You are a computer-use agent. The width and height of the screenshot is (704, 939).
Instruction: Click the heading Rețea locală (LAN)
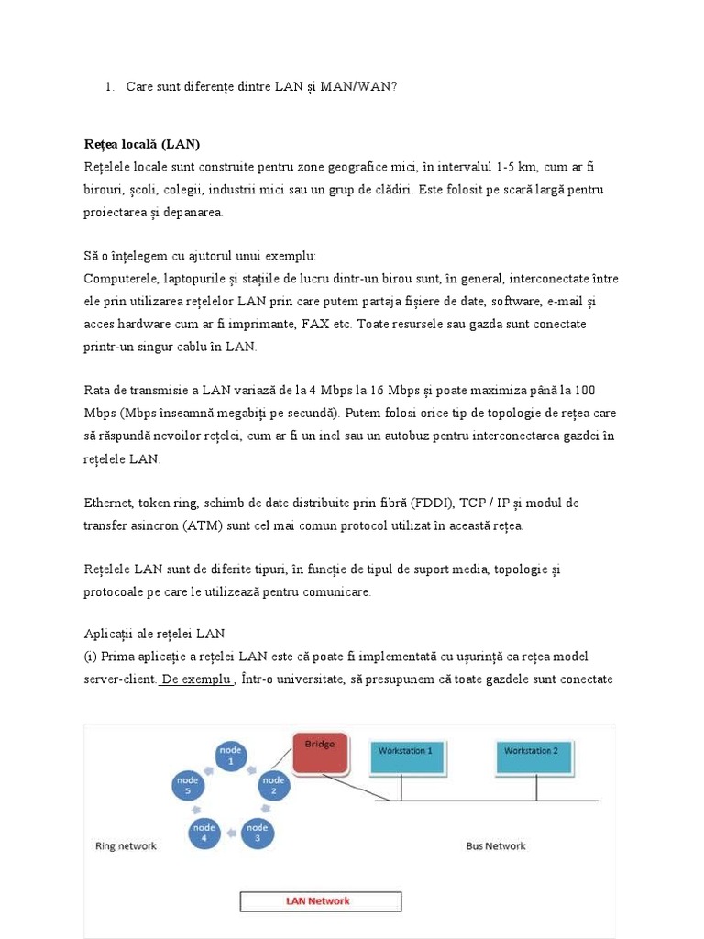pos(142,145)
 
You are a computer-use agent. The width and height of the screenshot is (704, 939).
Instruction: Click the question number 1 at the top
pos(108,86)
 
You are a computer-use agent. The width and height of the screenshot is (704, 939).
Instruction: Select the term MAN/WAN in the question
pos(361,86)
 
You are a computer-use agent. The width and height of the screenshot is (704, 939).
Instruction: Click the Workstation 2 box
pos(537,757)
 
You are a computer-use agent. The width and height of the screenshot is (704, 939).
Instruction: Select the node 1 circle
pos(231,757)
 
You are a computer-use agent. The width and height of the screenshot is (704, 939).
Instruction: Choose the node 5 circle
pos(187,786)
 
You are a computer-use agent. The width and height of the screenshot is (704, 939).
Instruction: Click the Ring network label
pos(126,845)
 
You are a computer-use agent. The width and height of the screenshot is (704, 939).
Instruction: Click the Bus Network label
pos(496,845)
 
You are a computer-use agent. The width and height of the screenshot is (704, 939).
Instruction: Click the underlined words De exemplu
pos(196,679)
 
